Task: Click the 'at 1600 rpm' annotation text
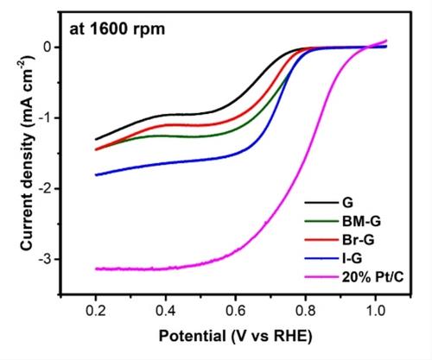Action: tap(118, 29)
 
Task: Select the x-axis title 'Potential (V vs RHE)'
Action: tap(236, 336)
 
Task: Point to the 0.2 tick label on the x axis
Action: tap(96, 311)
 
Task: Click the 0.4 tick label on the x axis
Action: tap(166, 311)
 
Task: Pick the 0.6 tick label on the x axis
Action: tap(236, 311)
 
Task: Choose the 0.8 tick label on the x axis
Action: tap(306, 311)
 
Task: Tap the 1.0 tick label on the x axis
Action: tap(376, 311)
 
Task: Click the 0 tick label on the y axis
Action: tap(48, 47)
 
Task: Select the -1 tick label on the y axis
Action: tap(46, 117)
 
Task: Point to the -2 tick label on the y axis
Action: tap(46, 188)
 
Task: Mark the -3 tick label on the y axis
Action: tap(46, 259)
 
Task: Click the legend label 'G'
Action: tap(347, 203)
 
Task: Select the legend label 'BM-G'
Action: tap(361, 221)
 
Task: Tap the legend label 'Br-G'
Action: tap(359, 240)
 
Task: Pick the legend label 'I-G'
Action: tap(352, 258)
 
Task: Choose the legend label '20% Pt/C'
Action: tap(372, 277)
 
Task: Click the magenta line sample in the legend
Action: tap(321, 277)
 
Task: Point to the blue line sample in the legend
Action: tap(321, 258)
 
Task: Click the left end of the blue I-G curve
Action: tap(96, 175)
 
